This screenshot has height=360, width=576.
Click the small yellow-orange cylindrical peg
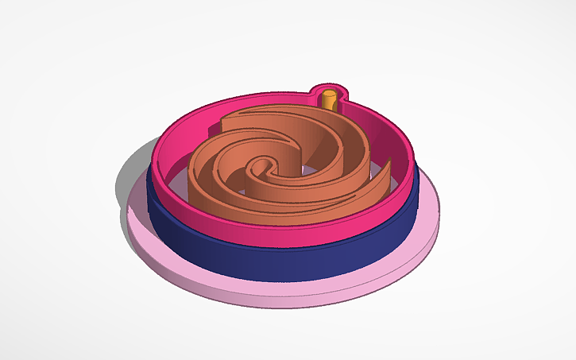[329, 101]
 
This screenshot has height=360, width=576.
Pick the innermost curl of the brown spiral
[260, 168]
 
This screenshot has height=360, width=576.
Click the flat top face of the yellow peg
[329, 95]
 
